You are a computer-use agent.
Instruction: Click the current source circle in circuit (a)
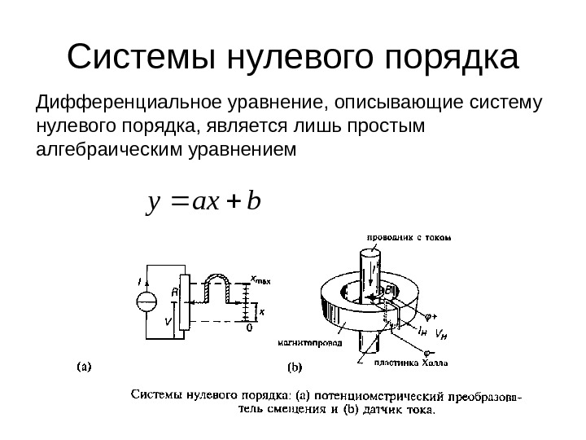point(147,302)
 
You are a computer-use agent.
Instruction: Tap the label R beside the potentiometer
point(175,290)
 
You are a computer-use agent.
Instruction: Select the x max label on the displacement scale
point(260,279)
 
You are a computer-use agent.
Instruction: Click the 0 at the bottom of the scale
point(249,329)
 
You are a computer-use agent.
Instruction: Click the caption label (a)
point(84,366)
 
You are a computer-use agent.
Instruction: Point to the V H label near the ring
point(442,333)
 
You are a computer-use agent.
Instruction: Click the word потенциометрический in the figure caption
point(374,398)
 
